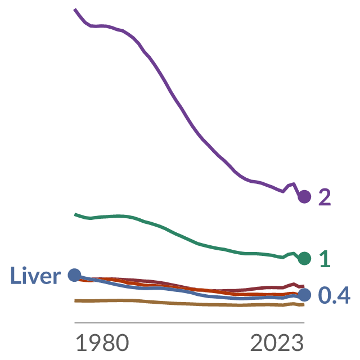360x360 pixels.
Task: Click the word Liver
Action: point(35,276)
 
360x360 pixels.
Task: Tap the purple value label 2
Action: point(325,197)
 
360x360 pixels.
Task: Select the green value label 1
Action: point(325,259)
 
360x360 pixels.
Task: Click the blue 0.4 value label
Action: point(334,295)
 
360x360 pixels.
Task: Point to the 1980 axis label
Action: point(102,343)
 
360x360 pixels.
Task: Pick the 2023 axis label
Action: point(277,343)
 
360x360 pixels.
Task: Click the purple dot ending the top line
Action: point(304,197)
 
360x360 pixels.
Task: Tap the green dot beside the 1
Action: point(304,259)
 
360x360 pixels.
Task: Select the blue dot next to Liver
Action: point(75,275)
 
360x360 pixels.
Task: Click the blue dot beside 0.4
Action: point(304,295)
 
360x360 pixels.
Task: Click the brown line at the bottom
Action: point(190,304)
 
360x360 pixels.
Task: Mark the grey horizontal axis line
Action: point(190,323)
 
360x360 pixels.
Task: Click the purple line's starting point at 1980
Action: point(75,10)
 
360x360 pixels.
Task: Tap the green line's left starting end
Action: point(75,214)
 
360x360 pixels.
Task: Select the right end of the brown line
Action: point(304,305)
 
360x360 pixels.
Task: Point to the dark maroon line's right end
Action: point(304,286)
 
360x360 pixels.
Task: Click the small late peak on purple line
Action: point(294,183)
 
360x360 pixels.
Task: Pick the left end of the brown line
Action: point(75,301)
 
